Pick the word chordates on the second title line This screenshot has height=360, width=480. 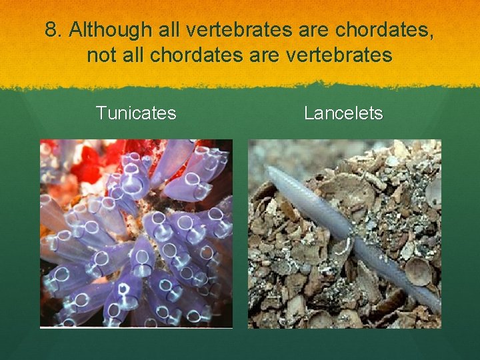pos(190,55)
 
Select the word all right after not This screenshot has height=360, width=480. pos(133,55)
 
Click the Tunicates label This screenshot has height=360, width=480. pos(136,113)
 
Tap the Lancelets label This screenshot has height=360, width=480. pos(343,113)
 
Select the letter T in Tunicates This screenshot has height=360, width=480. pos(101,113)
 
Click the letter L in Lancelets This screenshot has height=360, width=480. pos(309,113)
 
